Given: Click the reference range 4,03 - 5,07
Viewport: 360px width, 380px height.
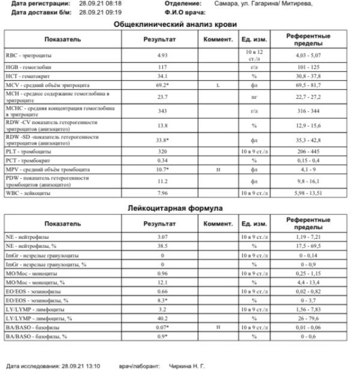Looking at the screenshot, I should pos(309,55).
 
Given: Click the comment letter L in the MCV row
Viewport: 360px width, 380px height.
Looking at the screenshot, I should pos(218,86).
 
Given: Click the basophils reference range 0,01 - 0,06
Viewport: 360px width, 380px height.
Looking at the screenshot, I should pos(309,327).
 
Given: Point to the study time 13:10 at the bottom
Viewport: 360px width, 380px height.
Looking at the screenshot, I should pos(91,366).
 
